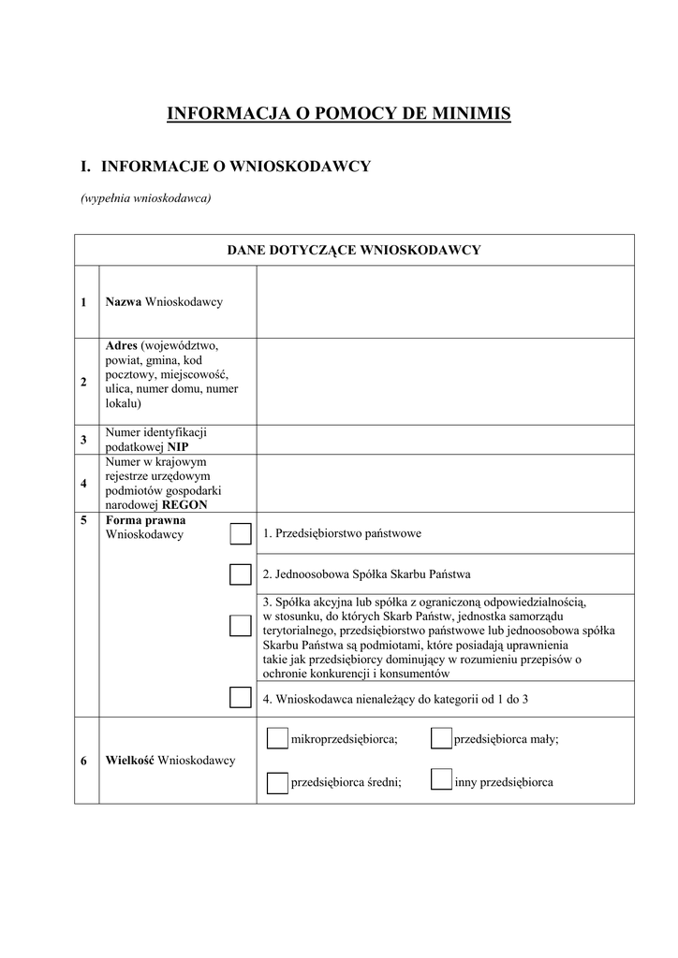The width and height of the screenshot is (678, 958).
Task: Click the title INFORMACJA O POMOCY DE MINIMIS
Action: (338, 114)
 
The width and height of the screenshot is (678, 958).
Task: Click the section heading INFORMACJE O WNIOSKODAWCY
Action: (236, 167)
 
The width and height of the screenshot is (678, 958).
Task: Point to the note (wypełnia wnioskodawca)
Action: (145, 197)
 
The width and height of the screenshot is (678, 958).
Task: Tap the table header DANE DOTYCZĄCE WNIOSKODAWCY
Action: (354, 250)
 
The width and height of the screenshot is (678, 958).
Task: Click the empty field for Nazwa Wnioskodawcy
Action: (445, 302)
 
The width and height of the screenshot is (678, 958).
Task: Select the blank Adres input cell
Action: (445, 381)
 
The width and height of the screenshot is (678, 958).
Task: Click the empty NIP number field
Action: (445, 440)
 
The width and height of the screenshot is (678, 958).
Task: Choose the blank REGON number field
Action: (445, 484)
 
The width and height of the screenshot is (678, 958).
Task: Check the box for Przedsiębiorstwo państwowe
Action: (241, 534)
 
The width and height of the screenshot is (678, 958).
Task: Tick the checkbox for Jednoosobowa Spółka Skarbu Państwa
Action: (241, 573)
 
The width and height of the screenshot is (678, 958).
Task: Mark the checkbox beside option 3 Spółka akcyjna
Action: (241, 626)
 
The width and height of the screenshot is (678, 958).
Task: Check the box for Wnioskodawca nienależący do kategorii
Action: (241, 697)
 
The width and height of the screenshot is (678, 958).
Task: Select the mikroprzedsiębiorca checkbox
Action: (277, 739)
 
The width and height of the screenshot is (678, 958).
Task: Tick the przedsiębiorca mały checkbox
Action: (442, 739)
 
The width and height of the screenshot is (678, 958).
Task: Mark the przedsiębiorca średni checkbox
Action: (277, 782)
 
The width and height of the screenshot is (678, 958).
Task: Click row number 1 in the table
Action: (84, 302)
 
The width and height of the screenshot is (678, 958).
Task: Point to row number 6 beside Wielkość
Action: (84, 761)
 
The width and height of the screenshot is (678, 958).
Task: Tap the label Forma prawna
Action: (145, 520)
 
